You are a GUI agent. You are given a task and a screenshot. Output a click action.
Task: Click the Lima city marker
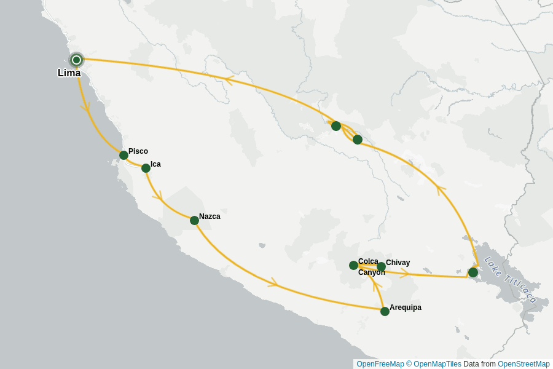[76, 60]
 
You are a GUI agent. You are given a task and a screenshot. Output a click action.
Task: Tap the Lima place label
[69, 73]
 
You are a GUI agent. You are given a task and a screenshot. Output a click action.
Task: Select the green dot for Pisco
[124, 155]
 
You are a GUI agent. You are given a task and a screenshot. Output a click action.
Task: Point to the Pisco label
[138, 151]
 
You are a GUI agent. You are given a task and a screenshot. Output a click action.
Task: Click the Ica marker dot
[146, 168]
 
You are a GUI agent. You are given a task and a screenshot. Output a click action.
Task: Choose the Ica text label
[155, 164]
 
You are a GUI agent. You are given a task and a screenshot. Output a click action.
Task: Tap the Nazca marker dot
[194, 220]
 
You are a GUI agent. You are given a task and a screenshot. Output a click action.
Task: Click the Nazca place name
[210, 216]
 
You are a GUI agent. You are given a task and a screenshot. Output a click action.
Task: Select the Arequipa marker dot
[385, 311]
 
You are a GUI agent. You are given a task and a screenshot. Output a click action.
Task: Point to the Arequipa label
[406, 307]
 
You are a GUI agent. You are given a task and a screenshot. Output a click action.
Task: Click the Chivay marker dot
[381, 266]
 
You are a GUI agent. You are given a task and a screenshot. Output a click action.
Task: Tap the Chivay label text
[398, 263]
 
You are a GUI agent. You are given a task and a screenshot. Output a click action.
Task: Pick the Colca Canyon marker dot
[353, 265]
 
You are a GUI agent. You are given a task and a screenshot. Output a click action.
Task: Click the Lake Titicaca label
[510, 280]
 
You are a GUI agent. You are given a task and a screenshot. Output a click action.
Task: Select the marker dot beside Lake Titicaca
[473, 272]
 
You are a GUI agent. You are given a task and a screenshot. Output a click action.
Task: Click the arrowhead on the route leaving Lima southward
[85, 107]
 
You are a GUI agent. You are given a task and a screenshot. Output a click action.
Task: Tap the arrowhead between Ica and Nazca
[158, 197]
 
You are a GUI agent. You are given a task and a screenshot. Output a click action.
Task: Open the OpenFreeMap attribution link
[380, 364]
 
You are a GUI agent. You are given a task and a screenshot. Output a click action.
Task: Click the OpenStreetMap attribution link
[524, 364]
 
